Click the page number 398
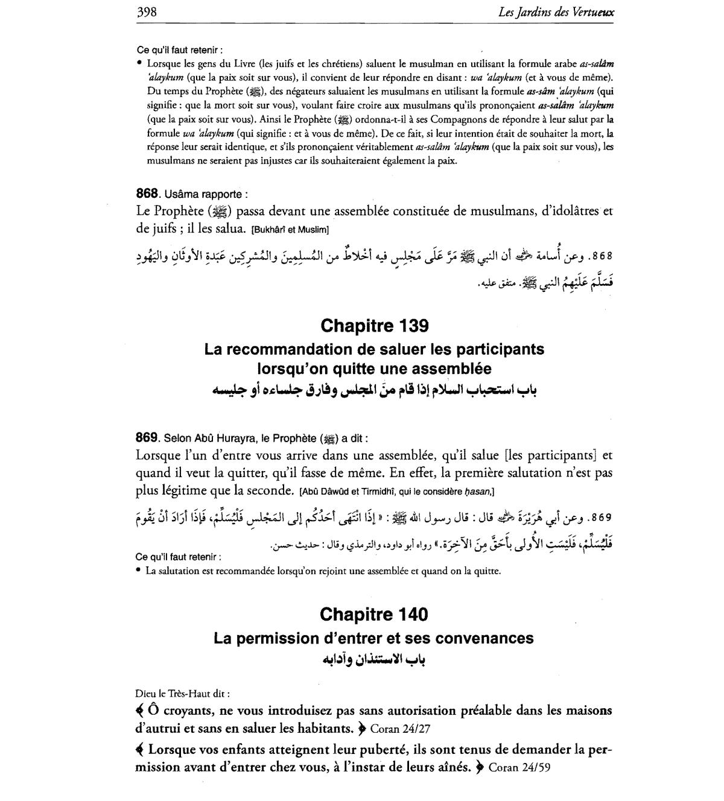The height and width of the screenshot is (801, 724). coord(147,12)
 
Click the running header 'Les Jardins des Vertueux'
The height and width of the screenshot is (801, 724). coord(556,12)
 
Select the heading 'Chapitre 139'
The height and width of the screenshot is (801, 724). coord(375,326)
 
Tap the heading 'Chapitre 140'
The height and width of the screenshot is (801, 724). coord(374,615)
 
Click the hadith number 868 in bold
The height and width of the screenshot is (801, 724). coord(147,194)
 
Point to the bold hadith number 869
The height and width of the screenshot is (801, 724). coord(147,438)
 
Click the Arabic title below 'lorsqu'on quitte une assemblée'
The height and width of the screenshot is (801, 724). coord(374,390)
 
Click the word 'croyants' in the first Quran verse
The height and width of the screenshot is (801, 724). coord(189,711)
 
